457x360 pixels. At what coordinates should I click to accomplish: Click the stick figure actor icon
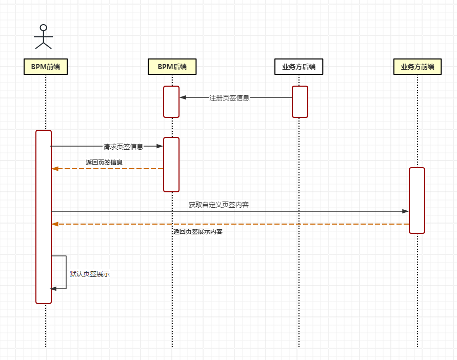point(44,36)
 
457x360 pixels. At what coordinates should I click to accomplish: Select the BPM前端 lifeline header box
point(46,67)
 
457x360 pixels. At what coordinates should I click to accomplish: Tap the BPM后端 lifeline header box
point(172,67)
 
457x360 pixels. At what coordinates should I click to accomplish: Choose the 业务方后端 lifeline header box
point(299,67)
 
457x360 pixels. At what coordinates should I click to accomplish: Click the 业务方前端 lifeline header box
point(417,67)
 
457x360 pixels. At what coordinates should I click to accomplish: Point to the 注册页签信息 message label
point(229,98)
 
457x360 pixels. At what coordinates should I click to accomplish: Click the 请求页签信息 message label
point(123,147)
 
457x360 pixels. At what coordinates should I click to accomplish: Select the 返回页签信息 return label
point(104,162)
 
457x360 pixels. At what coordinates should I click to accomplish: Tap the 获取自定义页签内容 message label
point(218,205)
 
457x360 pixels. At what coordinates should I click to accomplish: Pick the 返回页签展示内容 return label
point(197,232)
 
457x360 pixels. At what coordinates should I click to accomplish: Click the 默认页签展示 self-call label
point(90,274)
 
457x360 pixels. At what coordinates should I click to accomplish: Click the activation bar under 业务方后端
point(300,102)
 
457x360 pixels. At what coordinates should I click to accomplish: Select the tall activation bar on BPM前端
point(44,216)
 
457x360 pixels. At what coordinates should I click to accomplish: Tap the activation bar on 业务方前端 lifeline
point(417,200)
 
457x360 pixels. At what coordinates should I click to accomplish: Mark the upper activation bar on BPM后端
point(171,102)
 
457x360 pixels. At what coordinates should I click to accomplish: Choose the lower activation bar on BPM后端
point(171,164)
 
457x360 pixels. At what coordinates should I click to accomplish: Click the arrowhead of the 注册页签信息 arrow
point(183,97)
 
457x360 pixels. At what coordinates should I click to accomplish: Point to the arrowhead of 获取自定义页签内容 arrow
point(406,211)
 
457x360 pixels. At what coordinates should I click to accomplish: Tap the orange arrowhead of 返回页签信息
point(55,169)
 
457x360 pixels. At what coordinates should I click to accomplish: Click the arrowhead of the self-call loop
point(54,289)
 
